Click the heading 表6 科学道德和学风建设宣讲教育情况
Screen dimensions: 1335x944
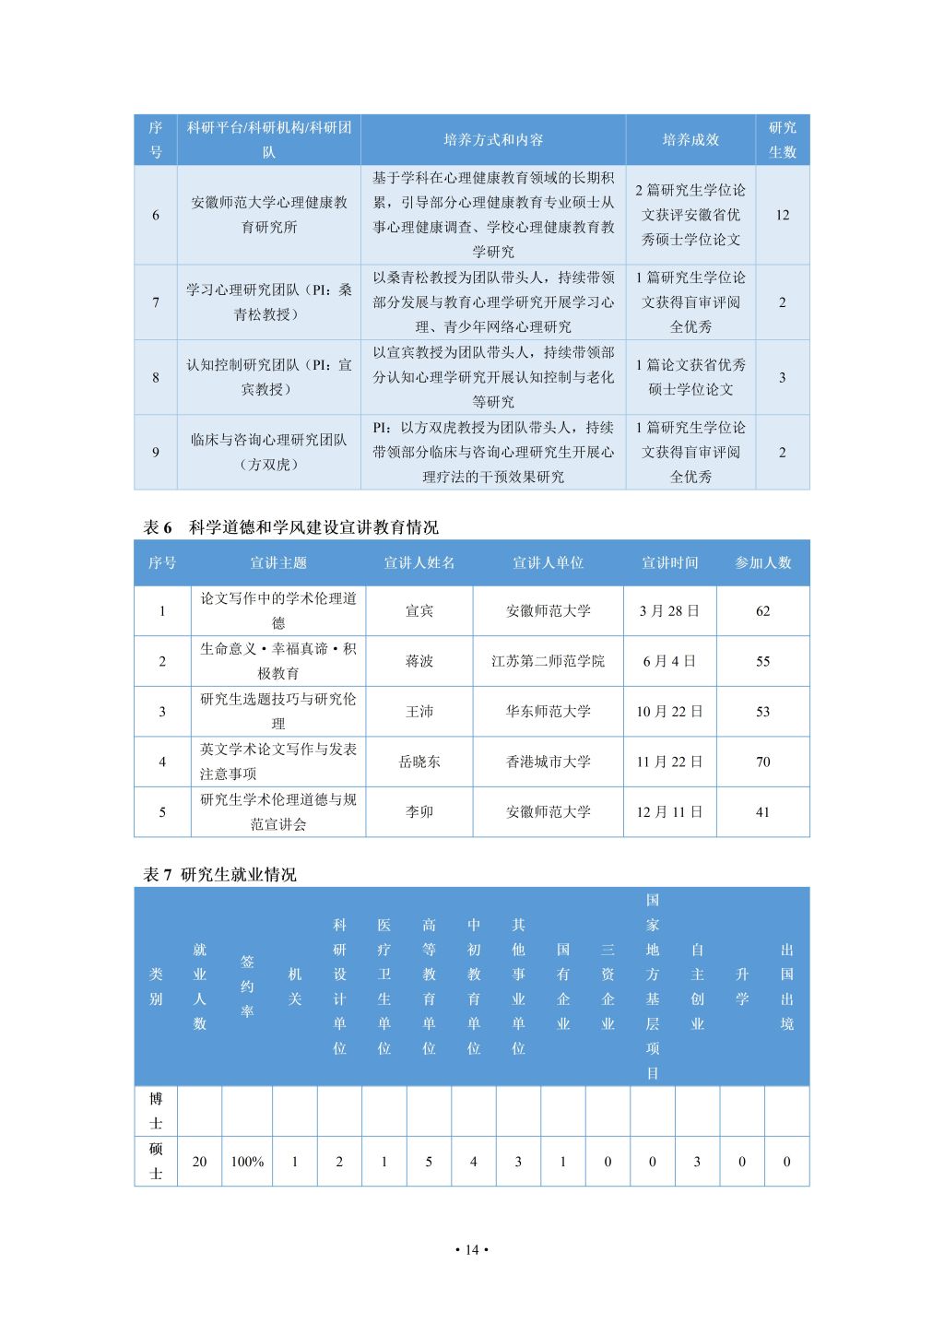click(291, 527)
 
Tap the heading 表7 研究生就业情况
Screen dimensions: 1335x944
click(220, 875)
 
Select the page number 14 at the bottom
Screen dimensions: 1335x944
click(472, 1250)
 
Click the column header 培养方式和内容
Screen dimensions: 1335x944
click(493, 140)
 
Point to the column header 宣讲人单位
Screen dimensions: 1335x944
click(548, 562)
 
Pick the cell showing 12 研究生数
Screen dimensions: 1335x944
click(782, 215)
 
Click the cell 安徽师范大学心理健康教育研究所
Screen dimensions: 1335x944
click(268, 215)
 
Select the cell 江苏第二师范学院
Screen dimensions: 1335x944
click(548, 661)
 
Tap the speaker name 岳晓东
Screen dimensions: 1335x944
click(419, 762)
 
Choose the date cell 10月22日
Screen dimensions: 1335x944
click(669, 712)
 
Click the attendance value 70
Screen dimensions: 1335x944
click(762, 762)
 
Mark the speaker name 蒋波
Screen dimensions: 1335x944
click(419, 661)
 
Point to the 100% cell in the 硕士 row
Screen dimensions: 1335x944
click(247, 1162)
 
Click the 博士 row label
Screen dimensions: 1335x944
click(156, 1111)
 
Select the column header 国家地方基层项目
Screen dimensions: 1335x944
click(653, 986)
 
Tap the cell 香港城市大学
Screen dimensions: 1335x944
click(548, 762)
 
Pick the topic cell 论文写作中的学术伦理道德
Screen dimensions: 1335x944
click(278, 610)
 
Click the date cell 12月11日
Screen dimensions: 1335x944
click(669, 812)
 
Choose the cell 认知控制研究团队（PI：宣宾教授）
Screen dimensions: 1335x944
click(268, 377)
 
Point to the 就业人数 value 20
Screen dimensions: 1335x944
click(199, 1162)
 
